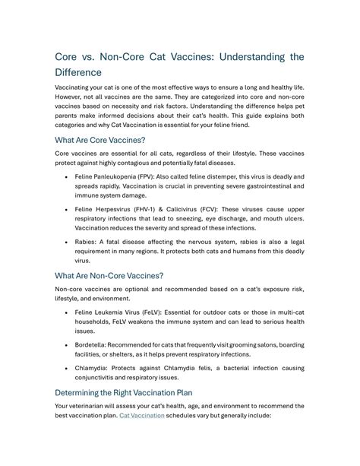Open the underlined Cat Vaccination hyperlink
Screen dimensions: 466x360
pos(142,417)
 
